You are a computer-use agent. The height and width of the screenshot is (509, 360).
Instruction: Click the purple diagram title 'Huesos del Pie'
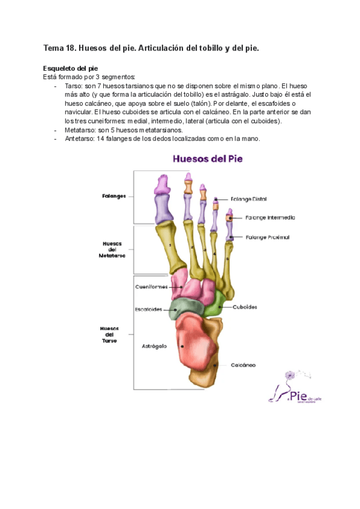pyautogui.click(x=207, y=159)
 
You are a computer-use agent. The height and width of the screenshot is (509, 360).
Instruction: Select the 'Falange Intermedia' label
pyautogui.click(x=269, y=217)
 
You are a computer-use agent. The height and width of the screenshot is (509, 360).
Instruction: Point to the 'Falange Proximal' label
pyautogui.click(x=267, y=237)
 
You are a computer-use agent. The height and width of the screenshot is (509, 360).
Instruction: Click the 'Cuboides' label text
pyautogui.click(x=244, y=307)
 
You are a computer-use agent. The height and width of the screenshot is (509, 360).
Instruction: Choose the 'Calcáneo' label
pyautogui.click(x=243, y=365)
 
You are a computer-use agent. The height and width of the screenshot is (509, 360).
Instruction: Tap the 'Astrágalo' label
pyautogui.click(x=154, y=346)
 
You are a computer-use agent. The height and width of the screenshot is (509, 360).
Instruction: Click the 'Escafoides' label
pyautogui.click(x=148, y=309)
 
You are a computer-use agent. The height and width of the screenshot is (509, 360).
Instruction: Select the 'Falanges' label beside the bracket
pyautogui.click(x=113, y=196)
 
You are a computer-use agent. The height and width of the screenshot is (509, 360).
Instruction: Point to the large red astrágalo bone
pyautogui.click(x=197, y=342)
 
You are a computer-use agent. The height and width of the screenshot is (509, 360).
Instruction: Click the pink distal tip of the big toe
pyautogui.click(x=162, y=184)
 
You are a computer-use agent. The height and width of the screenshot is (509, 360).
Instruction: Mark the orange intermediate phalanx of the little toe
pyautogui.click(x=228, y=217)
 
